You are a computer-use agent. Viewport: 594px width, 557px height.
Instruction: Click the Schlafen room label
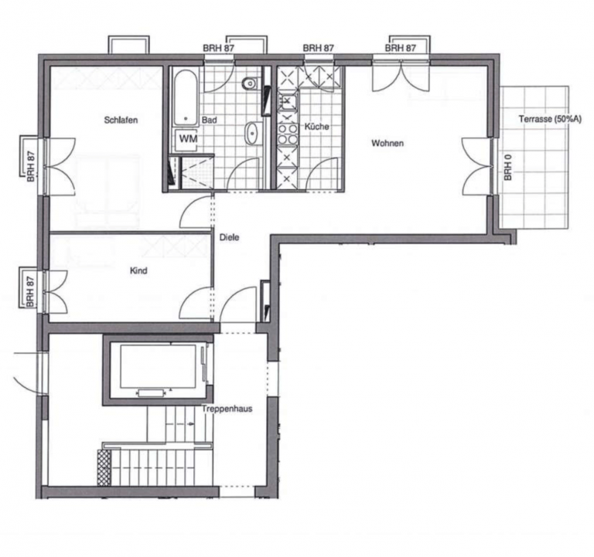click(121, 120)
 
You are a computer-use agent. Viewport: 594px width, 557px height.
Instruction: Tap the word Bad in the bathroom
click(209, 120)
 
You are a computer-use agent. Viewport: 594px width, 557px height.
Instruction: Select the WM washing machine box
click(187, 140)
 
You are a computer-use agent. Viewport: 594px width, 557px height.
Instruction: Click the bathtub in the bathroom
click(186, 97)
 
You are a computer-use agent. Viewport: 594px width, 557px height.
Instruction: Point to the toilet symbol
click(251, 83)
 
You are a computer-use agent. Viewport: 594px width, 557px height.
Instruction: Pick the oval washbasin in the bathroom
click(251, 133)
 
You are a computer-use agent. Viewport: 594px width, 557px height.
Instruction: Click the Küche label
click(316, 127)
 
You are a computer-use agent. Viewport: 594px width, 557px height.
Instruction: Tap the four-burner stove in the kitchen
click(288, 134)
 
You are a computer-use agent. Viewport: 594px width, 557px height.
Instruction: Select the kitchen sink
click(288, 101)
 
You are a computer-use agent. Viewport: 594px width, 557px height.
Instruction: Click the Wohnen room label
click(387, 143)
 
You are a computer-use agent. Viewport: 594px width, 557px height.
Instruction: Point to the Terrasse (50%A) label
click(550, 119)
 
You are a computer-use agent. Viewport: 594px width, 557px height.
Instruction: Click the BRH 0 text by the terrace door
click(507, 167)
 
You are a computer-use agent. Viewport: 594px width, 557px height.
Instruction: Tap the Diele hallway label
click(229, 238)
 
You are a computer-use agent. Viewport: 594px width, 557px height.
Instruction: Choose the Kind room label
click(138, 271)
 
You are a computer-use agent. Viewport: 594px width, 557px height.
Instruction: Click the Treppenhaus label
click(227, 409)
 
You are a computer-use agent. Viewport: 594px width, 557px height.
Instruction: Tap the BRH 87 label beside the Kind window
click(30, 291)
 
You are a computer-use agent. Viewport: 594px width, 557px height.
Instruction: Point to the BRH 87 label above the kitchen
click(318, 48)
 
